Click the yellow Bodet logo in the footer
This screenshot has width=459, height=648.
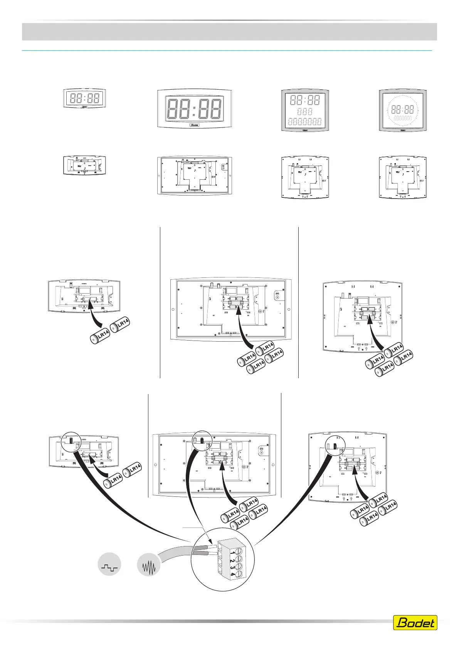tap(415, 623)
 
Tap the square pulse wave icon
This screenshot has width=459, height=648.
tap(109, 564)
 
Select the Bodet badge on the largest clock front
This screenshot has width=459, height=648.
tap(195, 125)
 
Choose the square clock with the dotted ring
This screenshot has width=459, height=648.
tap(403, 110)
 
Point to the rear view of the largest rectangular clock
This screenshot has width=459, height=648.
tap(195, 175)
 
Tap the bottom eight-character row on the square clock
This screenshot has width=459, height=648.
tap(305, 122)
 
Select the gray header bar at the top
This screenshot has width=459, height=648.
tap(229, 32)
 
